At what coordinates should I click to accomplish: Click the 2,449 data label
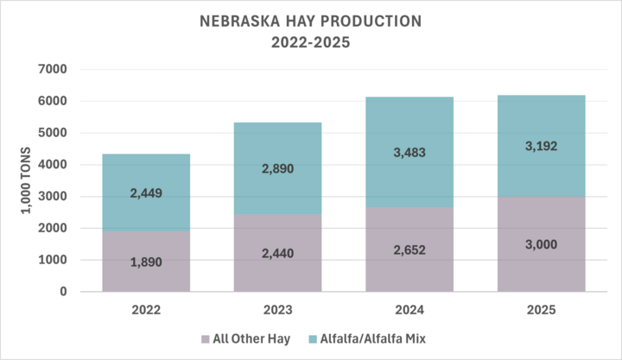[x=146, y=193]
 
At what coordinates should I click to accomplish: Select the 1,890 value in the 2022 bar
[x=146, y=262]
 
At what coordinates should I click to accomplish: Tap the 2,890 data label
[x=277, y=168]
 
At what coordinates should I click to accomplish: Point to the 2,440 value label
[x=277, y=253]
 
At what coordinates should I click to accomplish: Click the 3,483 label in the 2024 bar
[x=409, y=152]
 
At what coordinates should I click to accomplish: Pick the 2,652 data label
[x=409, y=250]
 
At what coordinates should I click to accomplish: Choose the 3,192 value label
[x=542, y=146]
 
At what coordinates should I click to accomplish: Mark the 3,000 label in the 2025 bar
[x=542, y=244]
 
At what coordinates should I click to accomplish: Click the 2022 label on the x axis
[x=146, y=307]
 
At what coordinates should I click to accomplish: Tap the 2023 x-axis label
[x=277, y=307]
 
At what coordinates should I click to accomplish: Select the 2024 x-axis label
[x=409, y=307]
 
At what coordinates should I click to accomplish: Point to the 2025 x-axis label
[x=542, y=307]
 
